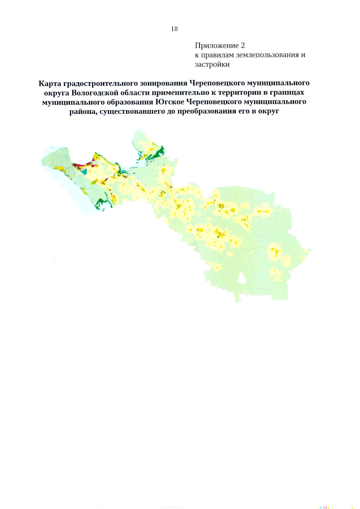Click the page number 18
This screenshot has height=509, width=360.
click(x=174, y=29)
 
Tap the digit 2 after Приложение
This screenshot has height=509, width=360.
click(x=243, y=46)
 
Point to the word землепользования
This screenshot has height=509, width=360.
click(x=267, y=55)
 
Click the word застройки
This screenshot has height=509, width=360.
click(x=212, y=64)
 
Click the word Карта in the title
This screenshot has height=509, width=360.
click(x=50, y=83)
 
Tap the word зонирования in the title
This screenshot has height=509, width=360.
click(x=163, y=83)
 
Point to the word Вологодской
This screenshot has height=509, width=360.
click(x=95, y=93)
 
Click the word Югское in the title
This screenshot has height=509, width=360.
click(x=169, y=102)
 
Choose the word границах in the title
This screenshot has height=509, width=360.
click(x=288, y=93)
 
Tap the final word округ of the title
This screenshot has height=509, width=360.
click(x=268, y=112)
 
